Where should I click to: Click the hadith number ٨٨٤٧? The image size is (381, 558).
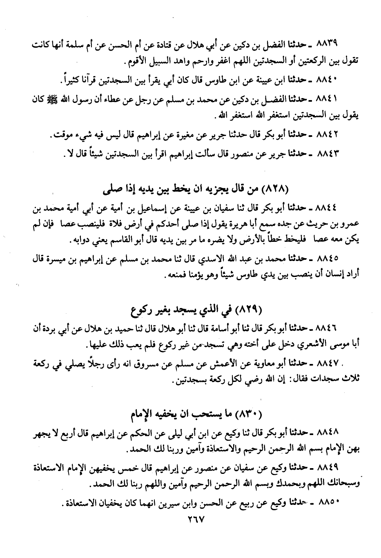click(332, 363)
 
